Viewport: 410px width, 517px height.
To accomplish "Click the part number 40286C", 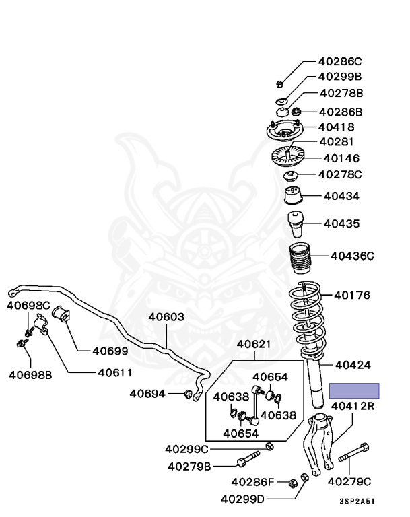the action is click(x=340, y=62).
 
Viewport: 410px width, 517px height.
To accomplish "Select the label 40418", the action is click(x=337, y=127).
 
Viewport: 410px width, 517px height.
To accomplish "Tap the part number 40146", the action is click(x=341, y=158).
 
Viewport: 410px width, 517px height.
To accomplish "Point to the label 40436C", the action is click(x=352, y=256).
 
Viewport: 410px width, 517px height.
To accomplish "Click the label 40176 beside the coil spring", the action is click(x=352, y=295).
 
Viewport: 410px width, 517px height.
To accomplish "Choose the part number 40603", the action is click(x=166, y=317).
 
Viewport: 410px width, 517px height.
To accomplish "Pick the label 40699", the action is click(x=110, y=351).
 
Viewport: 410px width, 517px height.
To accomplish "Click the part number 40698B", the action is click(x=30, y=375).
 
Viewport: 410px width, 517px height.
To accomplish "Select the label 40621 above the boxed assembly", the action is click(x=254, y=344).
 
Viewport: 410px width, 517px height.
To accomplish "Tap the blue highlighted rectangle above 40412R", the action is click(x=354, y=390).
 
